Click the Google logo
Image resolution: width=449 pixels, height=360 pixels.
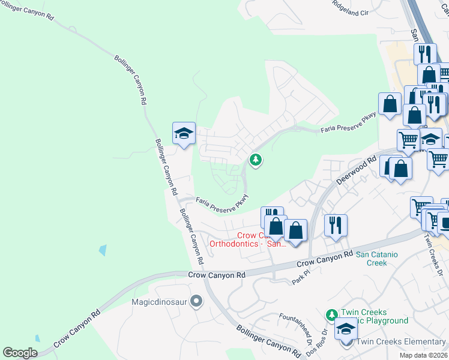[20, 353]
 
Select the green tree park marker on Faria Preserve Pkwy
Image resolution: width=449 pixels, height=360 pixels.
[256, 160]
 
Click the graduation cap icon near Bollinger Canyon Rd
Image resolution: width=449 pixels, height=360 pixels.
[184, 133]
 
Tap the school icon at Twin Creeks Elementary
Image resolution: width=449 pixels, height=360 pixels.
[346, 329]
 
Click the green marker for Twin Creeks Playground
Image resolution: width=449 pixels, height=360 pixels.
[331, 314]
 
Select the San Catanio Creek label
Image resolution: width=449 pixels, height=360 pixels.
[376, 259]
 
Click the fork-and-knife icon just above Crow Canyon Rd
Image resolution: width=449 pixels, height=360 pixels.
[336, 225]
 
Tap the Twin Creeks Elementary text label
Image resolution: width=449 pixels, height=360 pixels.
[401, 342]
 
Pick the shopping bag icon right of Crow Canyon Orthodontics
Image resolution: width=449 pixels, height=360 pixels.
[295, 230]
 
